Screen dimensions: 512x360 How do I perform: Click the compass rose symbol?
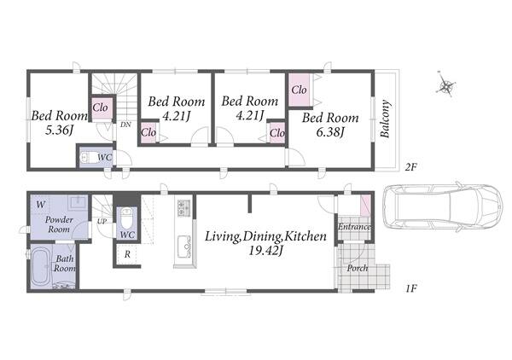pyautogui.click(x=445, y=84)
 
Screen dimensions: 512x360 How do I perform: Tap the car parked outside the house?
pyautogui.click(x=442, y=206)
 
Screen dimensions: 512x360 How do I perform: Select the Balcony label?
pyautogui.click(x=386, y=119)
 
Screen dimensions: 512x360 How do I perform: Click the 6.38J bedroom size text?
pyautogui.click(x=330, y=132)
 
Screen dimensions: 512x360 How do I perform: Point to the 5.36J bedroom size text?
pyautogui.click(x=59, y=131)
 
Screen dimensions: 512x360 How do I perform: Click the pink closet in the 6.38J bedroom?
pyautogui.click(x=300, y=90)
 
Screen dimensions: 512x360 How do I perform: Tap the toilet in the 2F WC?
pyautogui.click(x=89, y=158)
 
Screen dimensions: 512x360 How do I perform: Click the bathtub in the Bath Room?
pyautogui.click(x=41, y=267)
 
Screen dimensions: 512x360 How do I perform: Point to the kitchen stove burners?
pyautogui.click(x=183, y=207)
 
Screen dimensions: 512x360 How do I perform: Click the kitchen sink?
pyautogui.click(x=184, y=245)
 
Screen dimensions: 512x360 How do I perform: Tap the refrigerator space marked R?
pyautogui.click(x=128, y=254)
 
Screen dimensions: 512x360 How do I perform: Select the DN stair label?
pyautogui.click(x=125, y=125)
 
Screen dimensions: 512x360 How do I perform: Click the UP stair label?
pyautogui.click(x=102, y=221)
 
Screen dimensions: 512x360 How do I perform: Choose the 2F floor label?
pyautogui.click(x=411, y=167)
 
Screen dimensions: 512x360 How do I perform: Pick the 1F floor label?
pyautogui.click(x=411, y=288)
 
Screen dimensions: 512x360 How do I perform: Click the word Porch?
pyautogui.click(x=358, y=268)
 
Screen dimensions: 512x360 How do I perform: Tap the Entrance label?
pyautogui.click(x=354, y=227)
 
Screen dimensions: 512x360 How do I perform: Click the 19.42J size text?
pyautogui.click(x=265, y=251)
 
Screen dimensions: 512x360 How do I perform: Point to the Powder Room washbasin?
pyautogui.click(x=78, y=202)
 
